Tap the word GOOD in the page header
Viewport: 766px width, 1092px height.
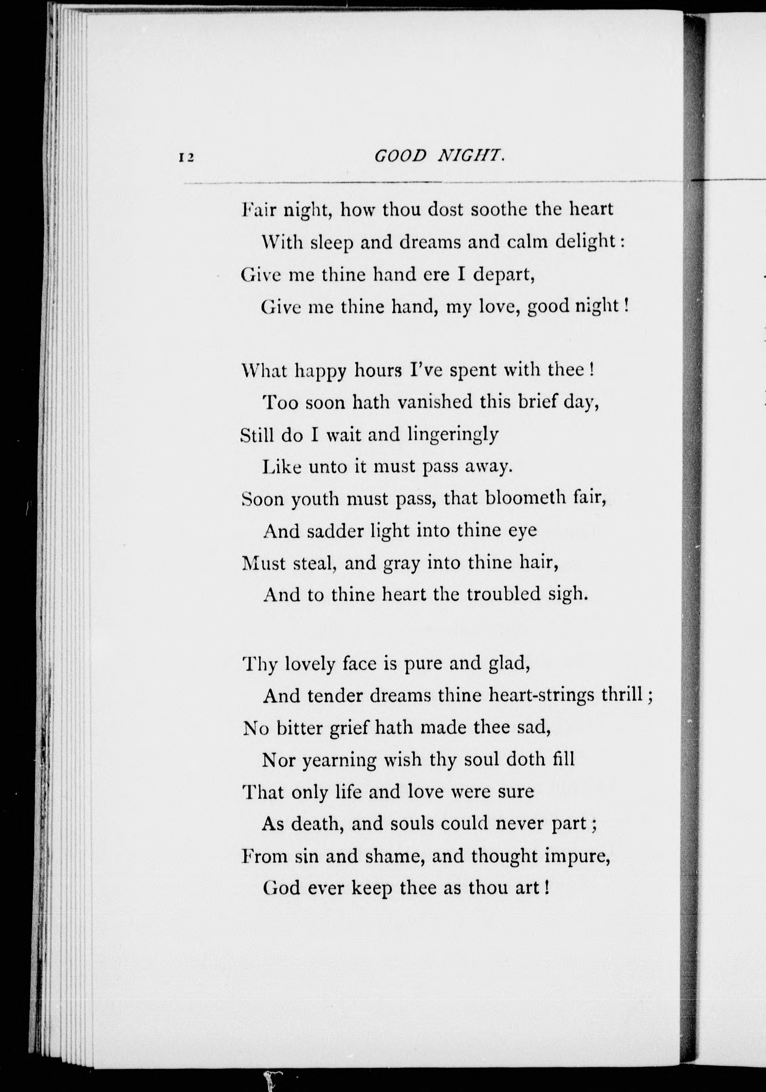click(x=401, y=156)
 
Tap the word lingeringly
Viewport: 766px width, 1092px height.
click(x=454, y=436)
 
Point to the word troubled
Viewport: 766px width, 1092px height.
click(x=503, y=595)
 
